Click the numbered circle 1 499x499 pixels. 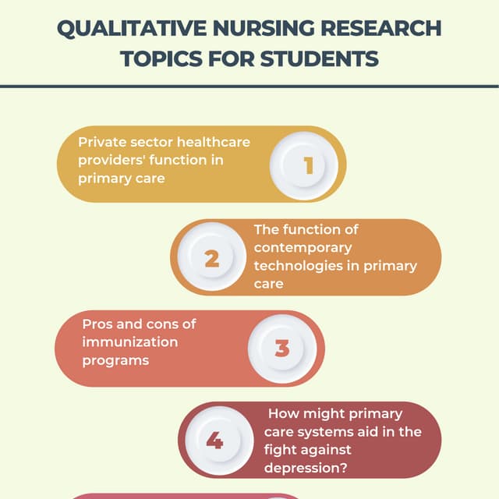tap(307, 165)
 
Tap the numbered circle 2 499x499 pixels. tap(211, 258)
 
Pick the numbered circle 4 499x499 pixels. tap(214, 441)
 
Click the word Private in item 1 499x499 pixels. tap(100, 143)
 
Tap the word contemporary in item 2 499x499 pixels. tap(303, 248)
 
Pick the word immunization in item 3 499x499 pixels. tap(130, 342)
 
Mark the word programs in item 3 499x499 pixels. tap(115, 360)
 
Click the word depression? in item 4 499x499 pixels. tap(306, 468)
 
